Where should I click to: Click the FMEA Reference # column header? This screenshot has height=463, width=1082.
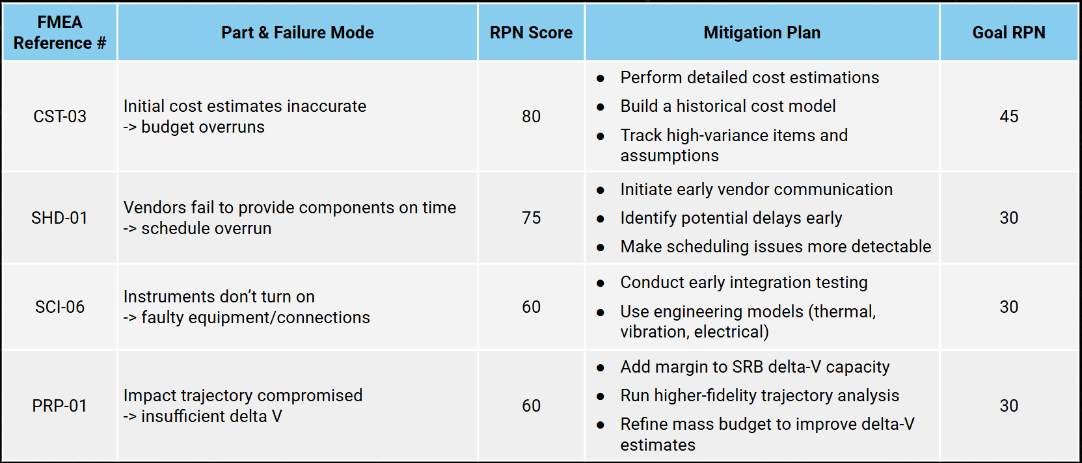pos(59,33)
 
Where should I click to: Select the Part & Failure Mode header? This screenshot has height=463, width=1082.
pos(297,33)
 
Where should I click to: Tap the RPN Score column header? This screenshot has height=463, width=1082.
pos(531,33)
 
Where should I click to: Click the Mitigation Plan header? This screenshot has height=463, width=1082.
pos(762,33)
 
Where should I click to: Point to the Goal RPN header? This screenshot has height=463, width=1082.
pos(1008,33)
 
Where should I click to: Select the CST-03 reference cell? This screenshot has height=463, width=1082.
pos(60,116)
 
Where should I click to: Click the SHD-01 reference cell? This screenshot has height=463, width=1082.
pos(60,218)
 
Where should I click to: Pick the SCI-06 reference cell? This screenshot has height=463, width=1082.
pos(60,307)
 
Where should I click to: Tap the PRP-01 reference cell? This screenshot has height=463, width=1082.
pos(60,406)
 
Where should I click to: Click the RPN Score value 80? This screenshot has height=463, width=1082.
pos(531,116)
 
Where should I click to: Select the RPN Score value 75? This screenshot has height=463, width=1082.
pos(531,218)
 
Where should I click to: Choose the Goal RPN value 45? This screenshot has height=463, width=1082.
pos(1008,116)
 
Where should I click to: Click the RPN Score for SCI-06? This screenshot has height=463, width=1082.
pos(531,307)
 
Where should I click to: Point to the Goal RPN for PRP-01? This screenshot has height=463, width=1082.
pos(1008,406)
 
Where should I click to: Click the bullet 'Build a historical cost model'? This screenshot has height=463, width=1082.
pos(727,106)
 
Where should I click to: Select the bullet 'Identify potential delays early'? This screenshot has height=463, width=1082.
pos(731,218)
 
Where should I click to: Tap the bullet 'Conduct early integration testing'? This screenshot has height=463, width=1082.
pos(744,282)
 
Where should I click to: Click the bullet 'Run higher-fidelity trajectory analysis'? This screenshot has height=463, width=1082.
pos(759,395)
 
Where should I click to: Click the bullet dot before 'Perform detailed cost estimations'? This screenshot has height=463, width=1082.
pos(601,79)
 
